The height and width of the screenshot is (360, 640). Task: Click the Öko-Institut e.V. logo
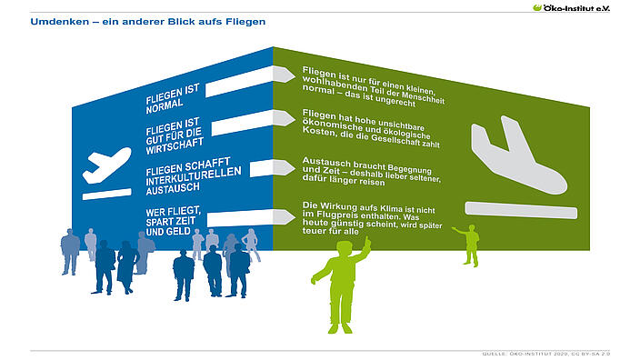571,8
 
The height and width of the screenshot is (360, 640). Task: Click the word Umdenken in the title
60,22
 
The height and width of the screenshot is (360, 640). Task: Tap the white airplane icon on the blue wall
107,165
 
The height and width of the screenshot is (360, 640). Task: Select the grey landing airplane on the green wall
519,155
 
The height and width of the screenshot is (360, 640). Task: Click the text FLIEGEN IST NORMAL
173,99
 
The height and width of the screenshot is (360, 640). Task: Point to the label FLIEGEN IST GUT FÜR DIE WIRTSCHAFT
175,136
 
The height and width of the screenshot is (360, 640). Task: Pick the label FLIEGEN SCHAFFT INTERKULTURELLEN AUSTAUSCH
193,176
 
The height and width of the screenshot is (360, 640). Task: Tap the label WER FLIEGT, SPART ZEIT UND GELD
173,222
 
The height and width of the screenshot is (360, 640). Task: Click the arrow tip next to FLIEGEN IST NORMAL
295,75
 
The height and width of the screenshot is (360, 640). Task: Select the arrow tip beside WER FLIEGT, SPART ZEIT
295,216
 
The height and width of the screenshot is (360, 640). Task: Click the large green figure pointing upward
341,285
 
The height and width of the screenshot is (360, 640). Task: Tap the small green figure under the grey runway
468,245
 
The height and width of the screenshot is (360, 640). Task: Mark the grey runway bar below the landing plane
521,210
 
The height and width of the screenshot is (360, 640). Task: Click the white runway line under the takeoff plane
107,195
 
